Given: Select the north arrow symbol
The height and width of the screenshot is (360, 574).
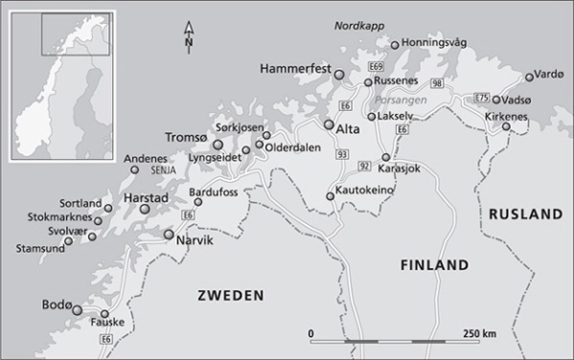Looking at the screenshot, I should [189, 38].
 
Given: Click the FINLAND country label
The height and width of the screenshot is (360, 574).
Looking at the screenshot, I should [434, 264].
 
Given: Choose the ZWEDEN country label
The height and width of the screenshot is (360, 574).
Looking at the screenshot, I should [230, 297].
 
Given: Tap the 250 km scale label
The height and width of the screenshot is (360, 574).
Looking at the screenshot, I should [477, 333].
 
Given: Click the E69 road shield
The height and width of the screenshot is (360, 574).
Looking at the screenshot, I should [377, 66].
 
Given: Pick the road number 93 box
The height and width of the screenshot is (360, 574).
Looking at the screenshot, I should [342, 153].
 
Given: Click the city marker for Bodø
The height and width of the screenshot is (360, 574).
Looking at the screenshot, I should [77, 310].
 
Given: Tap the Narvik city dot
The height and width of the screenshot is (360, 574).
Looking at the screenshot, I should [169, 234].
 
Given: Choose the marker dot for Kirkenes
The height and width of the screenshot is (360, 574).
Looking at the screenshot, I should [506, 126].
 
